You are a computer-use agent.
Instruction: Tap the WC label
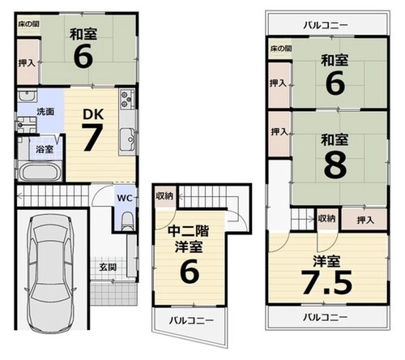(x=125, y=198)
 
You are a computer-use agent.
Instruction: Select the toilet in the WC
(x=127, y=221)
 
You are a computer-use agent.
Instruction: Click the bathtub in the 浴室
(x=40, y=172)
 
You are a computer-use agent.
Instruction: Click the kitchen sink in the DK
(x=128, y=139)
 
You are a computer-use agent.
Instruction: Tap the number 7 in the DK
(x=92, y=137)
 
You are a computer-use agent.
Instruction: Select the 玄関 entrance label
(x=108, y=267)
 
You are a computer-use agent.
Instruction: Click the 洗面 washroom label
(x=45, y=111)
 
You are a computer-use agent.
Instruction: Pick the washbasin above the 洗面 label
(x=27, y=96)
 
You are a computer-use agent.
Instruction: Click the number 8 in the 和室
(x=335, y=165)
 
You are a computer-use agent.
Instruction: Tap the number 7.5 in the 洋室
(x=327, y=282)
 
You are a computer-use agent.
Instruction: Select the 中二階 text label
(x=189, y=231)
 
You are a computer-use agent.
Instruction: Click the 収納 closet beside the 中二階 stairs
(x=164, y=196)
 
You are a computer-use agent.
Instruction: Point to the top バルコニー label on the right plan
(x=326, y=25)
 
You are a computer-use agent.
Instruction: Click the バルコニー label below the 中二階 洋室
(x=191, y=320)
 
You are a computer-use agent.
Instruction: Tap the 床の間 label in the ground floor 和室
(x=28, y=24)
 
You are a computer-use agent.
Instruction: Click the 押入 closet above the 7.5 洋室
(x=364, y=219)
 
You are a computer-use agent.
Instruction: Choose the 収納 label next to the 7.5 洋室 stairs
(x=326, y=218)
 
